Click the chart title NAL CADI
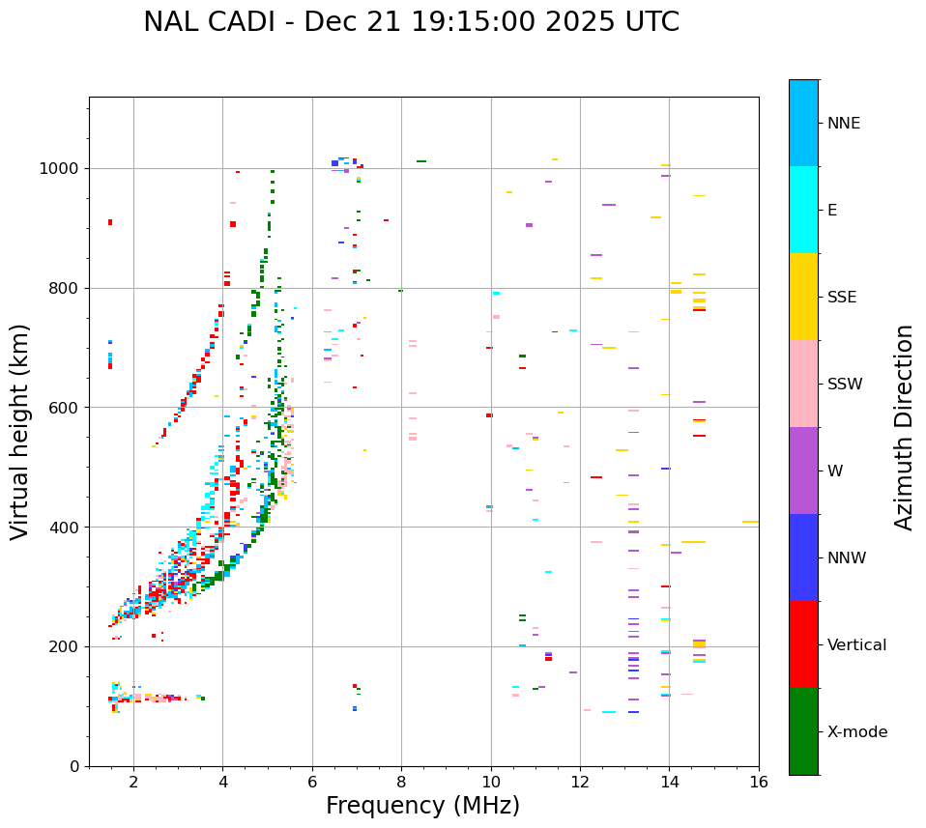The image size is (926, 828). coord(411,22)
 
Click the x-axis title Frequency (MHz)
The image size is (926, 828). coord(422,806)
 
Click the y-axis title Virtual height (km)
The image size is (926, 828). coord(20,432)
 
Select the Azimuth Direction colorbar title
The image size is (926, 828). coord(904,427)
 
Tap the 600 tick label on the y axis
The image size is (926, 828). coord(65,408)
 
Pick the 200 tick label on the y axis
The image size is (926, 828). coord(65,646)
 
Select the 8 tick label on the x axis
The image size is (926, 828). coord(401,781)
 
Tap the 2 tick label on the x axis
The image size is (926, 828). coord(133,781)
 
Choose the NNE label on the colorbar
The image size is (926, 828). coord(843,124)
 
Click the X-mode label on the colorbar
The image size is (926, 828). coord(856,732)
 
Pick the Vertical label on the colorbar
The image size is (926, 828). coord(856,645)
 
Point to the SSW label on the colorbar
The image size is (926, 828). coord(845,385)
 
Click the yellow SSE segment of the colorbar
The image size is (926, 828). coord(803,297)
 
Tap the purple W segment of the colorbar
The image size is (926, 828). coord(803,471)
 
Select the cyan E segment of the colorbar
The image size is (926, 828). coord(803,210)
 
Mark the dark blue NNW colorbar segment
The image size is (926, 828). coord(803,557)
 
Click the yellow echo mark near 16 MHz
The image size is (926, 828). coord(750,522)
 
